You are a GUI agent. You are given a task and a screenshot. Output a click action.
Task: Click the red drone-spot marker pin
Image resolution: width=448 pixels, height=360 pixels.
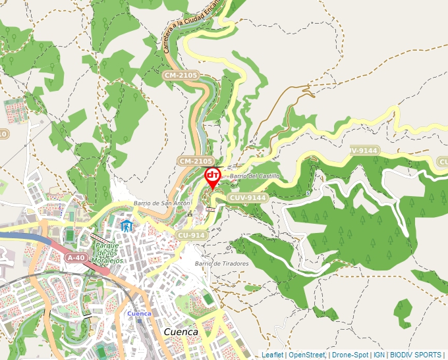point(213,176)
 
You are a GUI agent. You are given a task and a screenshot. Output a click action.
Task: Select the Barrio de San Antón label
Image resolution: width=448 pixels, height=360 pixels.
point(161,203)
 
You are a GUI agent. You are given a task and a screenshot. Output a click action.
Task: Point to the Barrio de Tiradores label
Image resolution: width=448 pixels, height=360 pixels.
point(221,263)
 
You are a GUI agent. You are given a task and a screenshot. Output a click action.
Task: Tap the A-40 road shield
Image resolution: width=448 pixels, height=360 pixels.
point(76,258)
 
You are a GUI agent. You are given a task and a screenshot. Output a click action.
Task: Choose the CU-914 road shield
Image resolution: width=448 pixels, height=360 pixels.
point(192,235)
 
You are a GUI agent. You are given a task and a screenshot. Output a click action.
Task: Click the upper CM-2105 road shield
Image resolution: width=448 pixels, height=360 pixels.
point(180,76)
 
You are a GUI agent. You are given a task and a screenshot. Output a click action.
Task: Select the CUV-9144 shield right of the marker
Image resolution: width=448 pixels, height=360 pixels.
point(248,197)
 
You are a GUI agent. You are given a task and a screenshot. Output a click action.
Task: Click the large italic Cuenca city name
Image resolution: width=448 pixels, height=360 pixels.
point(181,332)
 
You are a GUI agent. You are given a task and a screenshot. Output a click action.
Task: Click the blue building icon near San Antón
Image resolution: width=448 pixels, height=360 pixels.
point(126,226)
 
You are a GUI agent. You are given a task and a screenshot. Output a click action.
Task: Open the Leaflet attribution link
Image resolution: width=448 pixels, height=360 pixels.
point(272,355)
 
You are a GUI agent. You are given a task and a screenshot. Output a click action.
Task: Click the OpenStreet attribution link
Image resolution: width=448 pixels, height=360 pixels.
point(306,355)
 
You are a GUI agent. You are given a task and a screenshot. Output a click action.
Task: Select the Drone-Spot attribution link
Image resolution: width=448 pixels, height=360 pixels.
point(350,355)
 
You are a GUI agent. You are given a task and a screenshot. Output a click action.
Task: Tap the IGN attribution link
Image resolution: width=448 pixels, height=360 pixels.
point(379,355)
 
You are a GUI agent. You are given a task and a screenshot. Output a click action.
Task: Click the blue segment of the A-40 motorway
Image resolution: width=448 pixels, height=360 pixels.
point(20,236)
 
